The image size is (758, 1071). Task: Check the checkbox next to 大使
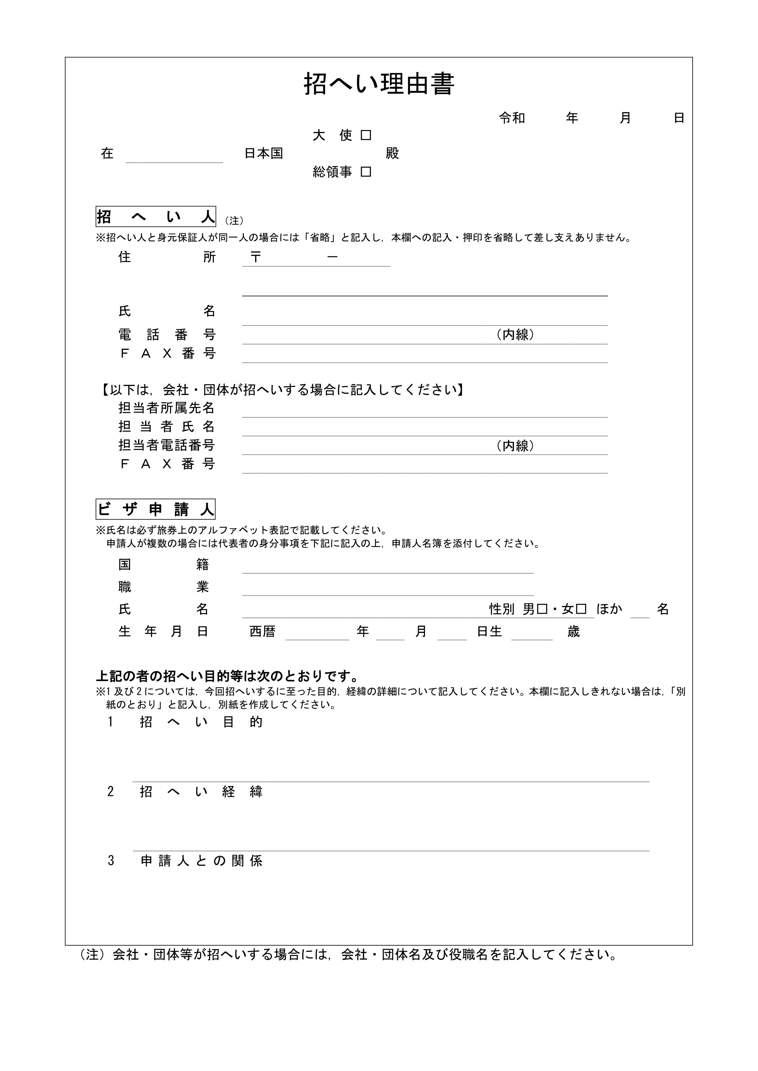point(366,135)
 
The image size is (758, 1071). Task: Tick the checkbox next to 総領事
point(366,172)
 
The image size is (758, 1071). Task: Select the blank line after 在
point(174,156)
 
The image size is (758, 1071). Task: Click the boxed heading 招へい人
point(156,217)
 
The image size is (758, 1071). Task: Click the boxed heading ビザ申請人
point(156,509)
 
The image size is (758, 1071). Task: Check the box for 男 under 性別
point(542,609)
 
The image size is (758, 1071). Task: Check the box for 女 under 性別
point(581,609)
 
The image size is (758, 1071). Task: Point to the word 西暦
point(262,632)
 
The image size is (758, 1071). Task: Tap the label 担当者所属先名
point(166,408)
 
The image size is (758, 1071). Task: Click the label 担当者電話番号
point(166,445)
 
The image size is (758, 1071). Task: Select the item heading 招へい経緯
point(201,792)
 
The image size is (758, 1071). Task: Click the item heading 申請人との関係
point(202,861)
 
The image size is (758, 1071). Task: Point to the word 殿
point(392,154)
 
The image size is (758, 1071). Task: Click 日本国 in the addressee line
point(264,154)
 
